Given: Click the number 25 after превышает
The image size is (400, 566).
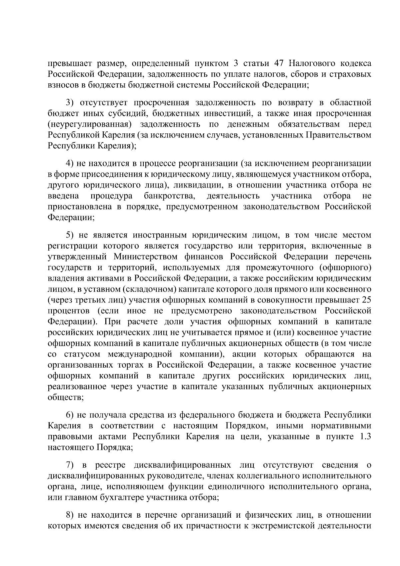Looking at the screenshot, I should [x=366, y=300].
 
